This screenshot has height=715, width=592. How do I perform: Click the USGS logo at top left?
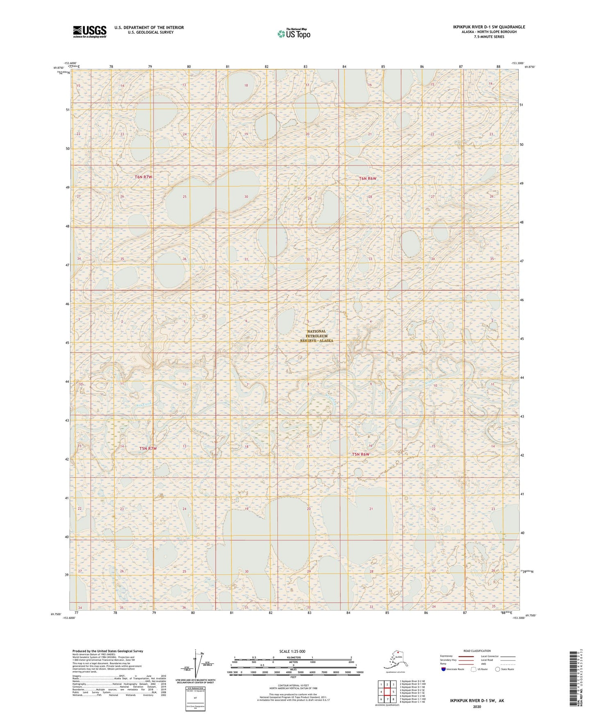[89, 32]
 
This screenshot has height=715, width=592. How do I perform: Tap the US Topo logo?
[293, 34]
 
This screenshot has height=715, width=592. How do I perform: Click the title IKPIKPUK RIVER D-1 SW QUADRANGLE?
[489, 27]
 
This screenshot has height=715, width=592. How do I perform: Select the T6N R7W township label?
[143, 177]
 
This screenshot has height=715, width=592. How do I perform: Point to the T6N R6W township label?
[367, 179]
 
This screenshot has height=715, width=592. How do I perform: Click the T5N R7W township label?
[148, 448]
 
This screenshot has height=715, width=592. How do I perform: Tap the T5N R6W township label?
[361, 455]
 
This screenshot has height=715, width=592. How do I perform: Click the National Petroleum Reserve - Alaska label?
[316, 336]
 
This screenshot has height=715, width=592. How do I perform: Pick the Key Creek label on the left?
[144, 404]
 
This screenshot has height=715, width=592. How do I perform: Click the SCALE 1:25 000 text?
[293, 652]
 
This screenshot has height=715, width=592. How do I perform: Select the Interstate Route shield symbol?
[443, 669]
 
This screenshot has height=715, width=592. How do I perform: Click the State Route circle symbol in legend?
[497, 669]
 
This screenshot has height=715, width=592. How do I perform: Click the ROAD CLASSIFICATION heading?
[477, 651]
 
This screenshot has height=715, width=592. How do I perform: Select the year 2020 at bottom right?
[477, 706]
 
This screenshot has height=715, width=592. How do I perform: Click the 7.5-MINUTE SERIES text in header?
[489, 37]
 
